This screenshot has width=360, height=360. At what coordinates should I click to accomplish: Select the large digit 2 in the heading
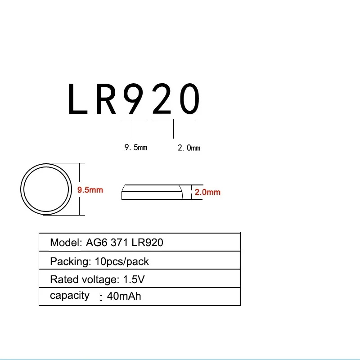(162, 99)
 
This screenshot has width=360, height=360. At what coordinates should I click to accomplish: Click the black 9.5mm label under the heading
(135, 148)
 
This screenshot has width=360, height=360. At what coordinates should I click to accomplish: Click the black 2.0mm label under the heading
(189, 148)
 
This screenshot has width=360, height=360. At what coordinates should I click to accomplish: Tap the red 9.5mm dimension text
(90, 190)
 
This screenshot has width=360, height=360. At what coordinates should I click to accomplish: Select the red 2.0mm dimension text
(207, 192)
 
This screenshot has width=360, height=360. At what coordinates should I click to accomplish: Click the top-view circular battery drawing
(46, 189)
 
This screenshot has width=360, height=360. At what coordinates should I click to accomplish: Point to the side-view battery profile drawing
(152, 192)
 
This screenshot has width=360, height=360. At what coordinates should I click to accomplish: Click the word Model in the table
(65, 243)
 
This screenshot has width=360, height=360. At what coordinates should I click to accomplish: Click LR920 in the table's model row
(147, 243)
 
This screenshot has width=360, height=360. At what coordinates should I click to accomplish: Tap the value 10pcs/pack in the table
(119, 261)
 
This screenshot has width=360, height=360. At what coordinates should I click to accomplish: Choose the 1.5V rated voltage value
(134, 279)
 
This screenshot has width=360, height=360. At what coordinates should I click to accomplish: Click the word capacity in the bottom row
(69, 296)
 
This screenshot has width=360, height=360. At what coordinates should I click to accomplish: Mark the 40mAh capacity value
(124, 297)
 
